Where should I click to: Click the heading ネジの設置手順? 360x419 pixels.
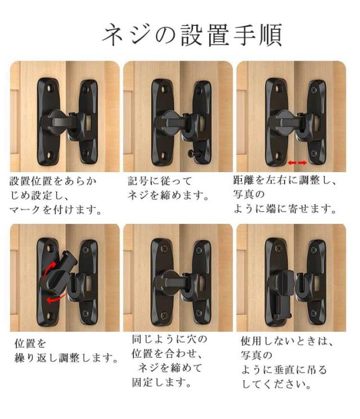(x=192, y=35)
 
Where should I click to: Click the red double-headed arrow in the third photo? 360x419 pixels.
(x=297, y=163)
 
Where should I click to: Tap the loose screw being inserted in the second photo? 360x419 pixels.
(x=193, y=154)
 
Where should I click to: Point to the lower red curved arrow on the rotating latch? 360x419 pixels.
(x=57, y=298)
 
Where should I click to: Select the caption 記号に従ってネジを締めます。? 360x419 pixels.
(x=168, y=188)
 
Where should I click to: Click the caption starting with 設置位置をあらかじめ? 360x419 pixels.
(x=56, y=195)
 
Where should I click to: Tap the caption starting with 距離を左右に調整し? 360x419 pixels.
(x=285, y=194)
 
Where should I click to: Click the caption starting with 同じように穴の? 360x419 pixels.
(x=169, y=361)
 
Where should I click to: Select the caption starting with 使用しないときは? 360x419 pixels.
(x=286, y=363)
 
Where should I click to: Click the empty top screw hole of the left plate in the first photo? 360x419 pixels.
(x=49, y=88)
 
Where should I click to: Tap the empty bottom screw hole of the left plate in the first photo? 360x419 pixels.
(x=49, y=155)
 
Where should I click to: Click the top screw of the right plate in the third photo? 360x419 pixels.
(x=314, y=89)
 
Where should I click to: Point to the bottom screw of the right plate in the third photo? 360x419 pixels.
(x=314, y=154)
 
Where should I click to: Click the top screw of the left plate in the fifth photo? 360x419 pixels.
(x=164, y=249)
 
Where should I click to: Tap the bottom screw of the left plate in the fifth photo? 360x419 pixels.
(x=164, y=316)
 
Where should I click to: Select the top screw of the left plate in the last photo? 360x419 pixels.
(x=278, y=248)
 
